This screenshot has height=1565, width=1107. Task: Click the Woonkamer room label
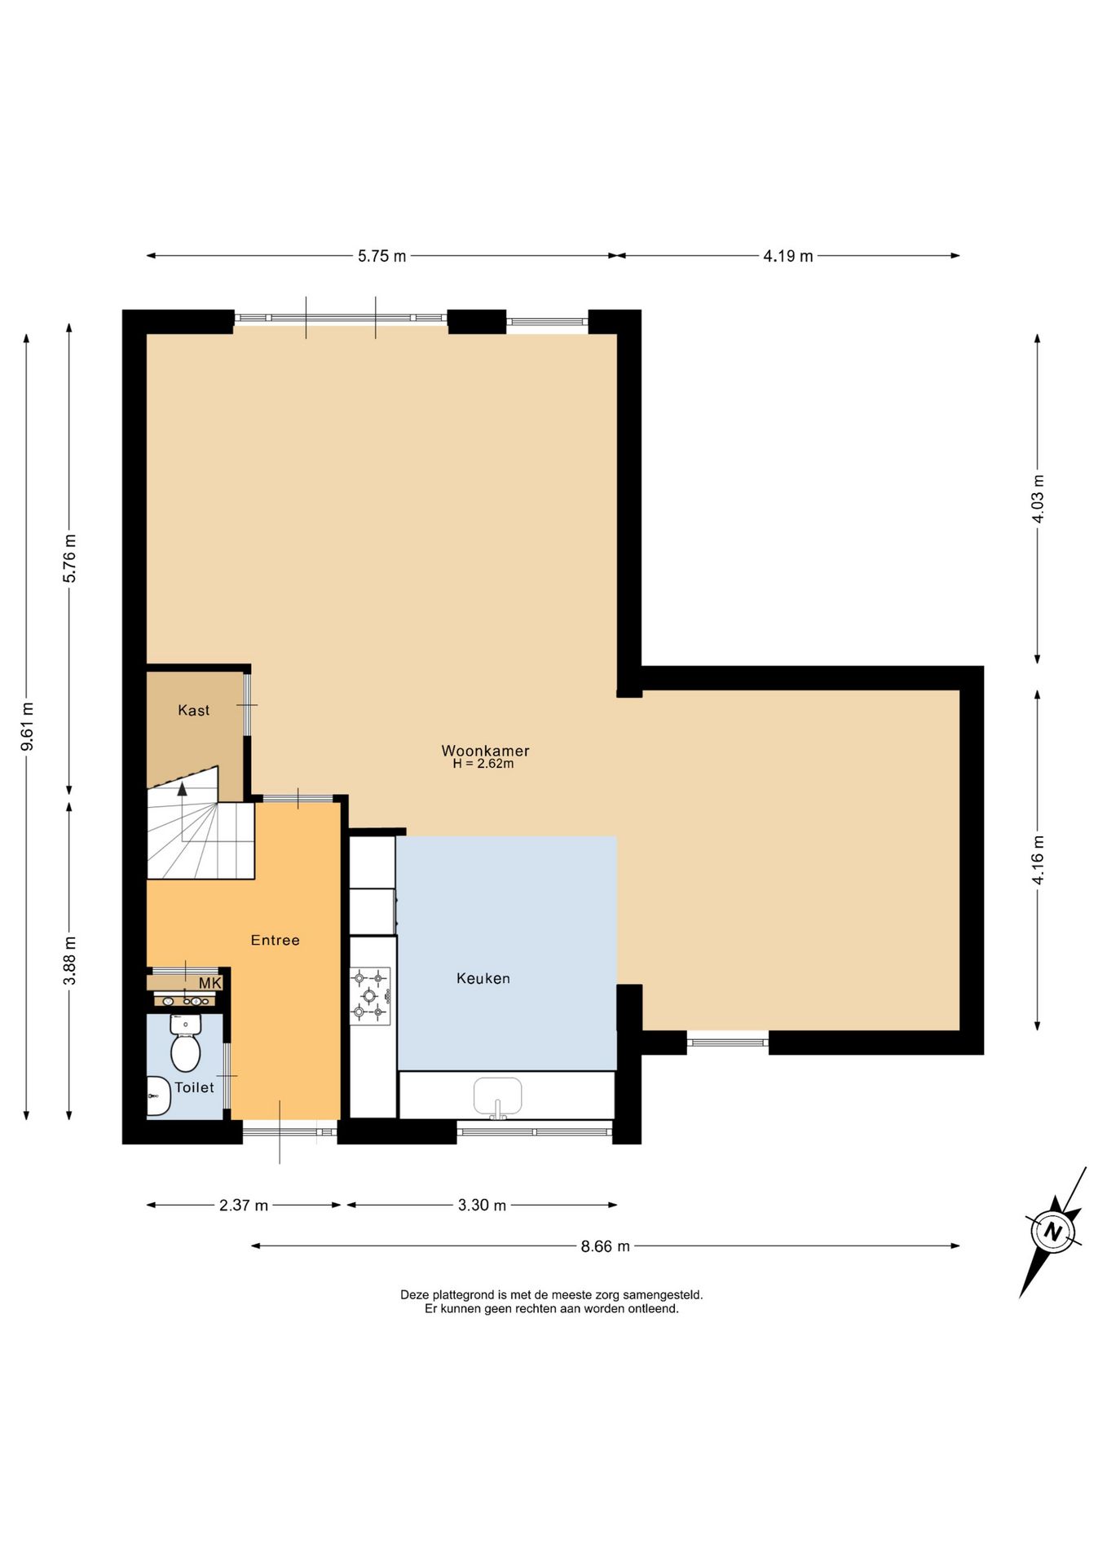[x=485, y=751]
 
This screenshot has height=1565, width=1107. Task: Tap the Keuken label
[x=483, y=978]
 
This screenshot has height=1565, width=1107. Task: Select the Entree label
[x=276, y=940]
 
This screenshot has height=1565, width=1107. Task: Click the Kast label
[x=194, y=711]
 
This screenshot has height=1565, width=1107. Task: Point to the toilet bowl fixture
[x=185, y=1043]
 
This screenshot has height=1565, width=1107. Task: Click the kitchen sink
[x=498, y=1096]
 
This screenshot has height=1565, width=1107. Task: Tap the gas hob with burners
[x=370, y=995]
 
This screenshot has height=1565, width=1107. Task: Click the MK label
[x=209, y=983]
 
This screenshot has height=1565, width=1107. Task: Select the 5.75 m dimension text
[x=381, y=256]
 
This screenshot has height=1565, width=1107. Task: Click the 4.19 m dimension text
[x=788, y=256]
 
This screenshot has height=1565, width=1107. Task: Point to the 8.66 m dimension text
[x=605, y=1246]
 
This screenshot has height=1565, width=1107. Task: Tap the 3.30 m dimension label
[x=482, y=1205]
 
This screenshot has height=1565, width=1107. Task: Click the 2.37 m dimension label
[x=244, y=1205]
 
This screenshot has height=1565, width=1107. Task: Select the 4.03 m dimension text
[x=1038, y=499]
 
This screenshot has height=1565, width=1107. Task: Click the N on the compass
[x=1053, y=1232]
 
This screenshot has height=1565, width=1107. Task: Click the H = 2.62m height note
[x=483, y=765]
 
